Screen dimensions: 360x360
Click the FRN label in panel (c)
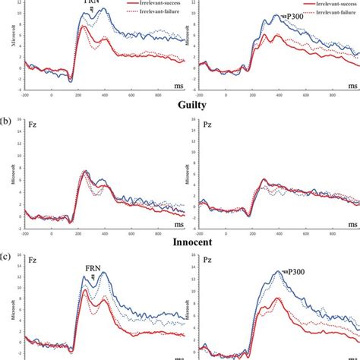pyautogui.click(x=95, y=268)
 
